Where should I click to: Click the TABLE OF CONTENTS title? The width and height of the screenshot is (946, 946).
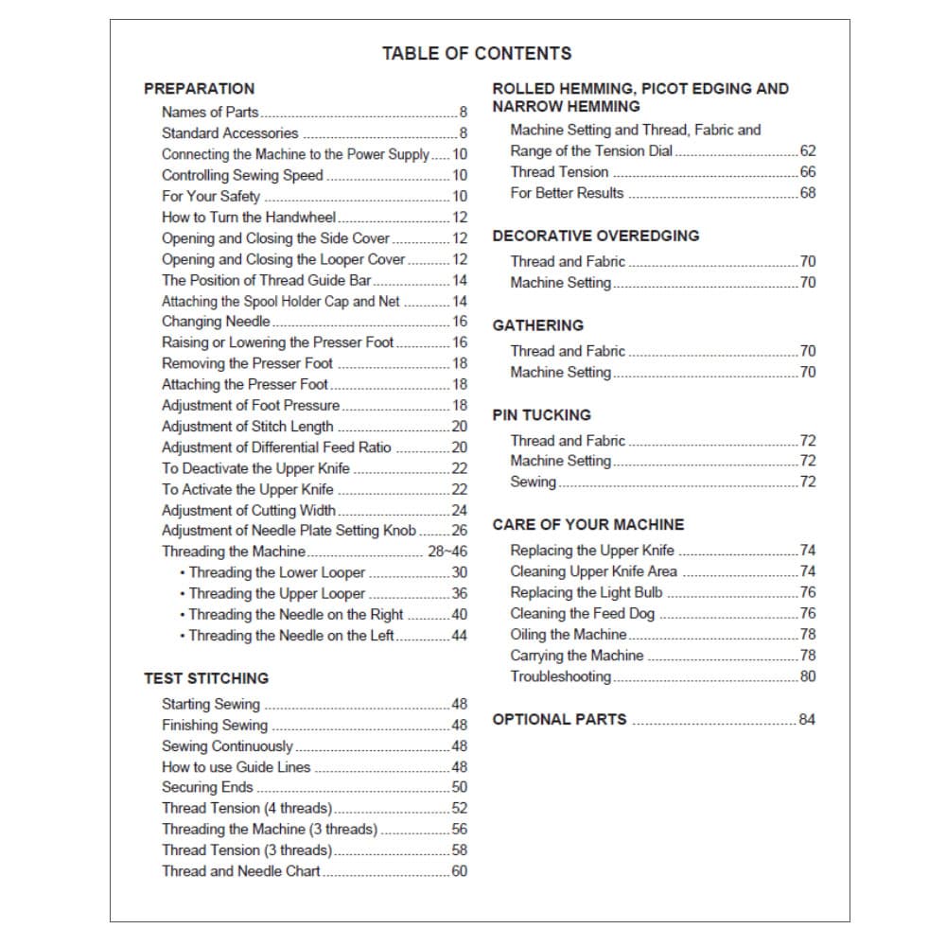(x=476, y=53)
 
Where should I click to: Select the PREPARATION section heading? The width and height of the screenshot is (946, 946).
(x=199, y=89)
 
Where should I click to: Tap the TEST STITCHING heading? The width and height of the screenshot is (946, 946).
(x=205, y=678)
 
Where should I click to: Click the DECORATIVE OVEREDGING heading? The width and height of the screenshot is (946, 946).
(x=596, y=236)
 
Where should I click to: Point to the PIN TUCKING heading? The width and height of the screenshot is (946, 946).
(x=541, y=415)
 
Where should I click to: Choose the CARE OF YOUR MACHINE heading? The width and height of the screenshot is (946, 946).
(x=587, y=525)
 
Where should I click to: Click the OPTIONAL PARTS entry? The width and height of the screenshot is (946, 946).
(x=559, y=720)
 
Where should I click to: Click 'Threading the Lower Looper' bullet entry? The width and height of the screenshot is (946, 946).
(x=276, y=572)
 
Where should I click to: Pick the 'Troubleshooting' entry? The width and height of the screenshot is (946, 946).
(x=560, y=676)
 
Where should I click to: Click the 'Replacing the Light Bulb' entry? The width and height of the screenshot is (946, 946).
(x=586, y=593)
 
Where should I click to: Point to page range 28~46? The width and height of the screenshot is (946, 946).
(x=447, y=552)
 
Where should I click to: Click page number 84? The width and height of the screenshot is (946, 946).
(x=806, y=720)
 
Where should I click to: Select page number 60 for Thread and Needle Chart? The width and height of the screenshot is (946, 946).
(x=459, y=871)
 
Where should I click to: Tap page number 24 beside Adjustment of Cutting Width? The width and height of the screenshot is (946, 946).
(x=459, y=511)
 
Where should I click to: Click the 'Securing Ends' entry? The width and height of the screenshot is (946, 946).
(x=207, y=787)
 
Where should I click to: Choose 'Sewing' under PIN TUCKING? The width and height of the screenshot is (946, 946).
(x=533, y=482)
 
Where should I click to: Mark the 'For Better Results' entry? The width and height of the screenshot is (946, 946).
(x=567, y=193)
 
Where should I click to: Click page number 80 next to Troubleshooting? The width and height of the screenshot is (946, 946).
(x=807, y=676)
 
